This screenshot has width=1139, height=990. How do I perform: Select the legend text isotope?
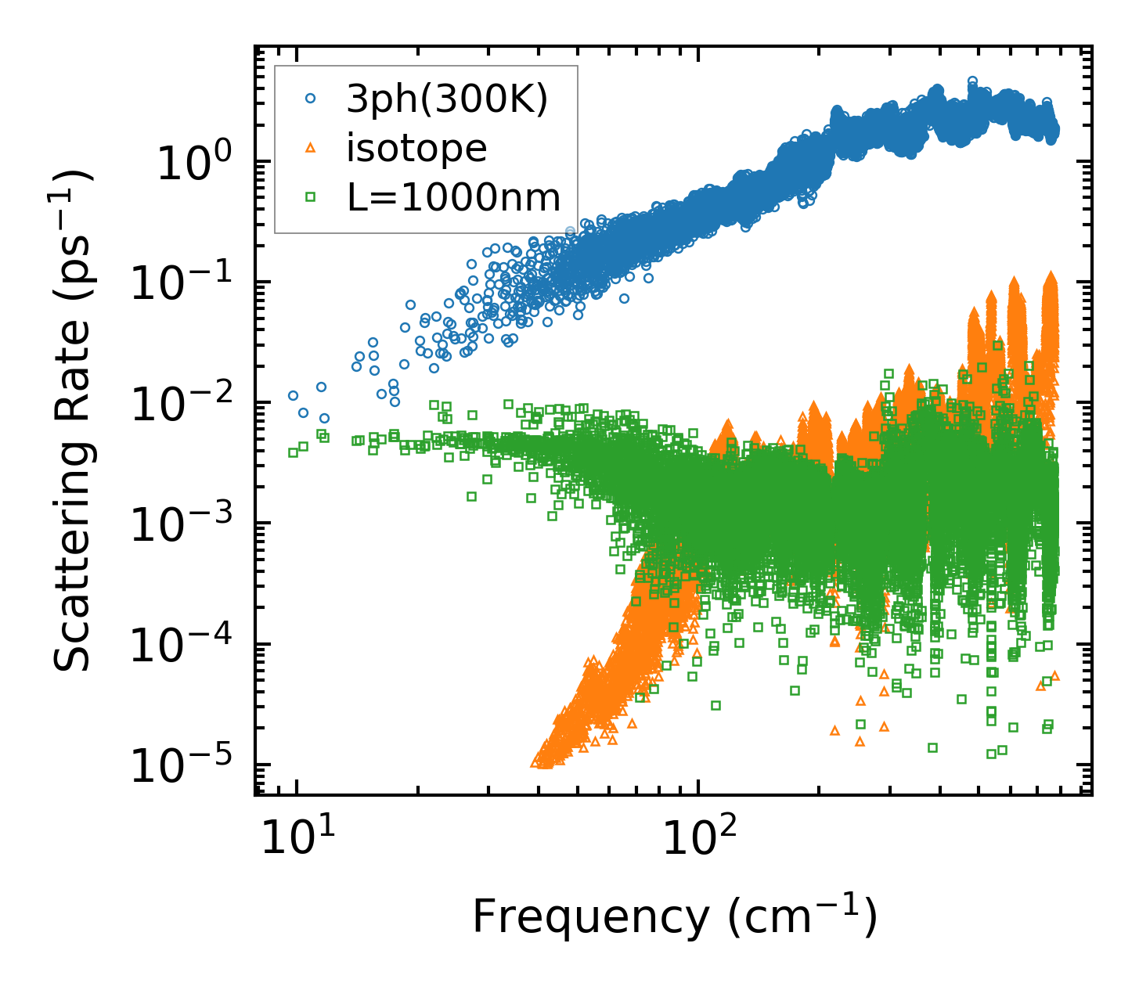416,148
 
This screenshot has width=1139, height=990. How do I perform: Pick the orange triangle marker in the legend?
310,148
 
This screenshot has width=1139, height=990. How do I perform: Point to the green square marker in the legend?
310,197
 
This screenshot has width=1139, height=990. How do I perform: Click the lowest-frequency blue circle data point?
294,395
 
